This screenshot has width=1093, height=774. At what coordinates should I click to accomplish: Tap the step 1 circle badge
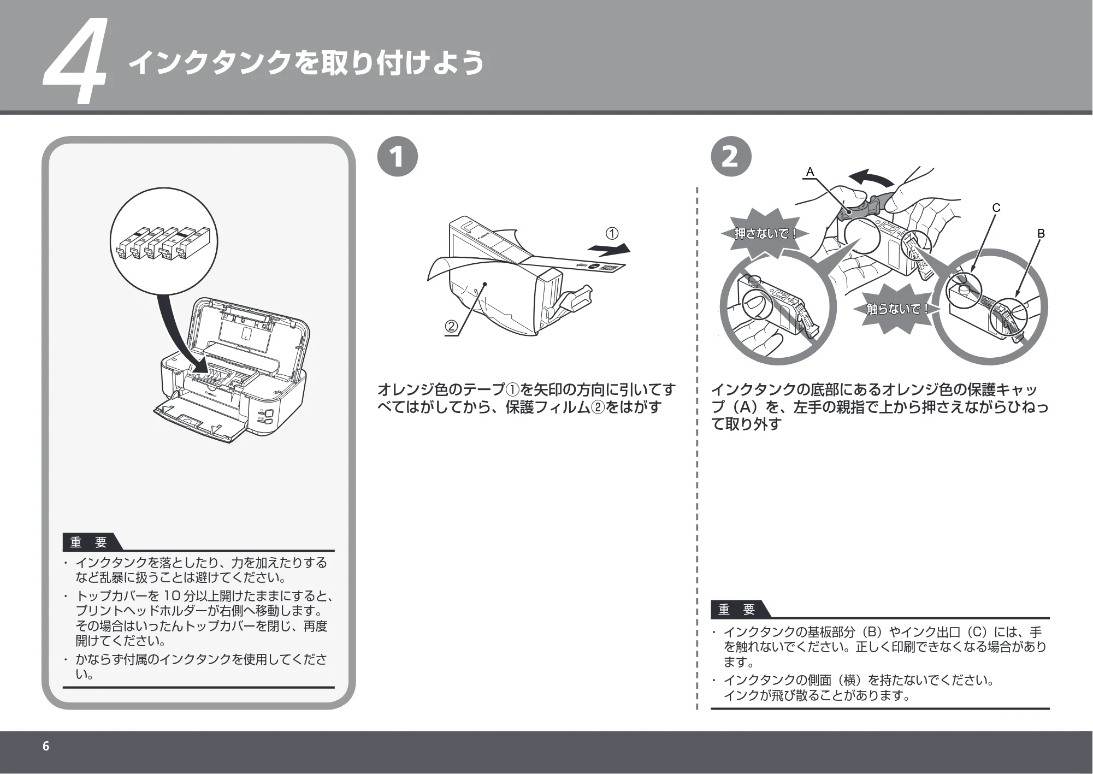(398, 156)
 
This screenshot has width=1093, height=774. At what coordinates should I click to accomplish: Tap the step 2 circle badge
(731, 156)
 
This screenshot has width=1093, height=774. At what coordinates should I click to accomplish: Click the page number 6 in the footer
(46, 746)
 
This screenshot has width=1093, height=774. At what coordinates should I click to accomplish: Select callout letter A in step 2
(810, 172)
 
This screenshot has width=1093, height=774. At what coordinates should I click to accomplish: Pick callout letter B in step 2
(1041, 234)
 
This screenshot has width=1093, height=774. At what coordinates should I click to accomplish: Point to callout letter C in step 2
(996, 208)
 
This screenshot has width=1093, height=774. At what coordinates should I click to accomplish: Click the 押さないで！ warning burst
(765, 234)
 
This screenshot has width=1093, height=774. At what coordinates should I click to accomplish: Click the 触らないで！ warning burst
(898, 309)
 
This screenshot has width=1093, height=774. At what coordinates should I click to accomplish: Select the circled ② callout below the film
(451, 327)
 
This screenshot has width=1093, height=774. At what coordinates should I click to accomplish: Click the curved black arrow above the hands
(872, 178)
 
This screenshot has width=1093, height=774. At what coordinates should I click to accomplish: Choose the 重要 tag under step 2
(737, 609)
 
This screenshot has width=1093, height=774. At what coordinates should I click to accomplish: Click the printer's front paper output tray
(199, 421)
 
